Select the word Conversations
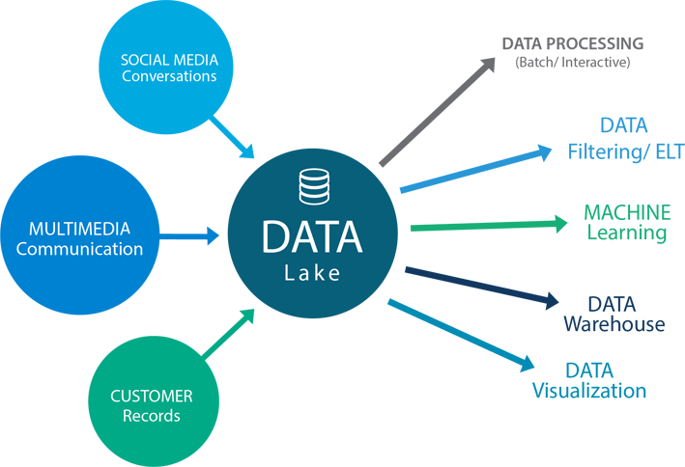coord(169,75)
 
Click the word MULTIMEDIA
coord(79,230)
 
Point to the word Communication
coord(79,249)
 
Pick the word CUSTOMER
coord(152,397)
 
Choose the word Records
coord(152,416)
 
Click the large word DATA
coord(312,238)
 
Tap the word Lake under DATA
coord(312,273)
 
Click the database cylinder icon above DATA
coord(313,187)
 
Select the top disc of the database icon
coord(313,176)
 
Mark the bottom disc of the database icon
coord(313,198)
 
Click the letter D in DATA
coord(277,238)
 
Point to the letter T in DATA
coord(325,238)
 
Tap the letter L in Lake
coord(289,273)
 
